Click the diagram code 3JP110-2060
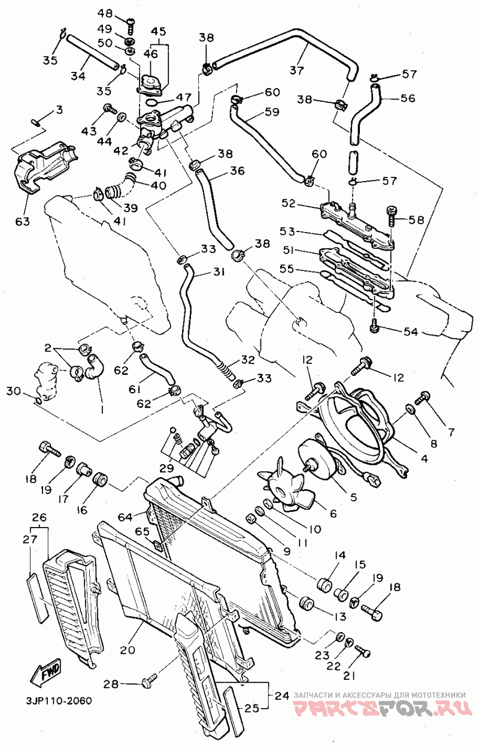59,700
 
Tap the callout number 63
22,222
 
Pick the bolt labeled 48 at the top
131,21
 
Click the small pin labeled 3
37,123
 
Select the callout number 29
166,467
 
